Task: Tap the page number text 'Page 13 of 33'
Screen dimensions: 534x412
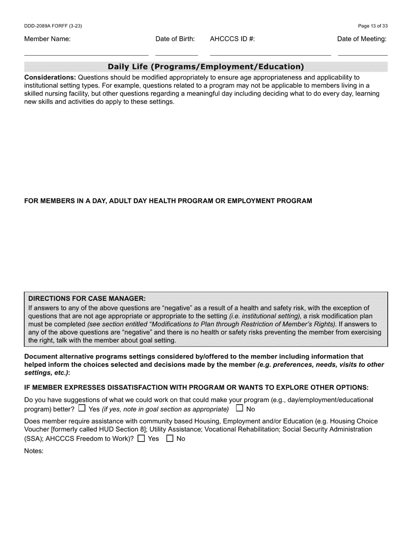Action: coord(373,26)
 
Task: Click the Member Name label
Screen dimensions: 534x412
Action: coord(47,39)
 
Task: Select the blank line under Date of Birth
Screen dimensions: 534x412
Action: coord(177,55)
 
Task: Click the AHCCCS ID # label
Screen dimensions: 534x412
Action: coord(232,39)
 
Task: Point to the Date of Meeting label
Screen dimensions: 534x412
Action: coord(362,39)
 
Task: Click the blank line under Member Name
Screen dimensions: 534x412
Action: coord(86,55)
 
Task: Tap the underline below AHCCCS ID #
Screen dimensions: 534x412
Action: coord(270,55)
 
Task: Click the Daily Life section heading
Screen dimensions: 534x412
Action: coord(206,67)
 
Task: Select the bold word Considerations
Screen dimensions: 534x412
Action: coord(50,78)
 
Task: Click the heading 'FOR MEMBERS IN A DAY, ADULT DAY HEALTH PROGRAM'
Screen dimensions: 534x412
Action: coord(168,201)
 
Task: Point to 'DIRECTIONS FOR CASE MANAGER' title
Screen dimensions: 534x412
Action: coord(87,299)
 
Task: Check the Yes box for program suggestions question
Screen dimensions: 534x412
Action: coord(82,408)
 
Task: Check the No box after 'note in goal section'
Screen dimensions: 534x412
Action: coord(239,408)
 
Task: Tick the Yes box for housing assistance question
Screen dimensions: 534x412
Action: coord(141,438)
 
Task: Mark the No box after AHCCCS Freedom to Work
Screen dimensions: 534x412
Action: coord(170,438)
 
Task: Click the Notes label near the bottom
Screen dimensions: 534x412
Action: coord(34,451)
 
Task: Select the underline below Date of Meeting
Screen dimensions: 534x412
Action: coord(363,55)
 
